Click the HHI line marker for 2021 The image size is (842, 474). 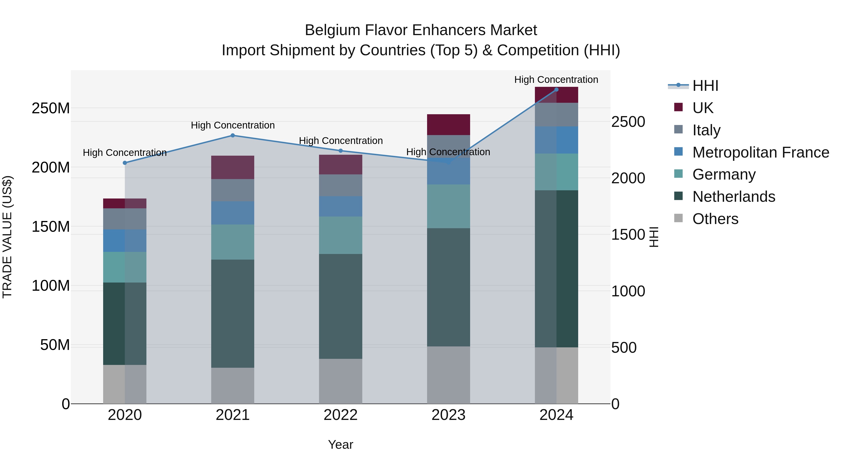(233, 136)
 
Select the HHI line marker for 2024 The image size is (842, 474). (556, 90)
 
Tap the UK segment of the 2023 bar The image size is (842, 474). (448, 125)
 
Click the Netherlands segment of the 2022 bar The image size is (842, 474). (341, 306)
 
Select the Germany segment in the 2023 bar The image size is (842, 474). (448, 206)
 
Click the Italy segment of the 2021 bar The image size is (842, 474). (233, 190)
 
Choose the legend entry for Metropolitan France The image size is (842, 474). (760, 152)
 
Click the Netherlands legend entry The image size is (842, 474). (733, 197)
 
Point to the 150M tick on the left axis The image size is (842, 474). (51, 226)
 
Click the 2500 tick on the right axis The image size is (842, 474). (628, 122)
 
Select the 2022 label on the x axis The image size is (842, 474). (341, 415)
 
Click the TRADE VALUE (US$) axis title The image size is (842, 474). (7, 237)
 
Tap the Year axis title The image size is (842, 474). (341, 445)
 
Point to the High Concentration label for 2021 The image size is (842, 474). (233, 125)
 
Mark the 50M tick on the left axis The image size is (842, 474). (55, 345)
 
